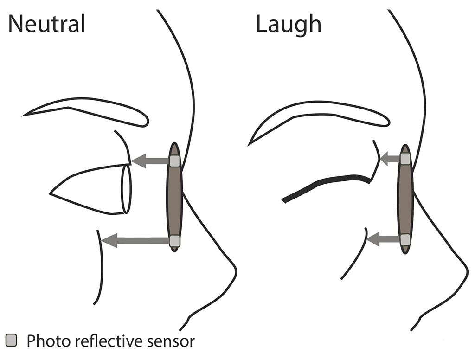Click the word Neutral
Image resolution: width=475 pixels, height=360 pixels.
(x=47, y=24)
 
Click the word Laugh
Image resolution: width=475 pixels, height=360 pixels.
(x=288, y=24)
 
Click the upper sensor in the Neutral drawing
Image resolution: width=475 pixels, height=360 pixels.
(x=174, y=161)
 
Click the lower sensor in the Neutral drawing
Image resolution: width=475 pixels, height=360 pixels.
(x=174, y=240)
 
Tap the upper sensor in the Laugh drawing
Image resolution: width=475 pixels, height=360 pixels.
(x=405, y=159)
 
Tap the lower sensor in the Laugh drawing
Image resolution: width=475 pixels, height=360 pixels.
(x=405, y=239)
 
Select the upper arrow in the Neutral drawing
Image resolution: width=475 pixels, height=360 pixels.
(x=150, y=161)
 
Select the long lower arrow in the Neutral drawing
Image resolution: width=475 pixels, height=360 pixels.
(x=135, y=240)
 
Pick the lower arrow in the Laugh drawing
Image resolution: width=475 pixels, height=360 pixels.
(x=383, y=239)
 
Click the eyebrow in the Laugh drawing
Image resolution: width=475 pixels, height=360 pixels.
(x=320, y=115)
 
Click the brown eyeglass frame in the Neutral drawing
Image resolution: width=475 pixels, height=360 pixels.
(x=174, y=199)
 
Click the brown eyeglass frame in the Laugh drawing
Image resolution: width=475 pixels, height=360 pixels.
(x=405, y=199)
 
